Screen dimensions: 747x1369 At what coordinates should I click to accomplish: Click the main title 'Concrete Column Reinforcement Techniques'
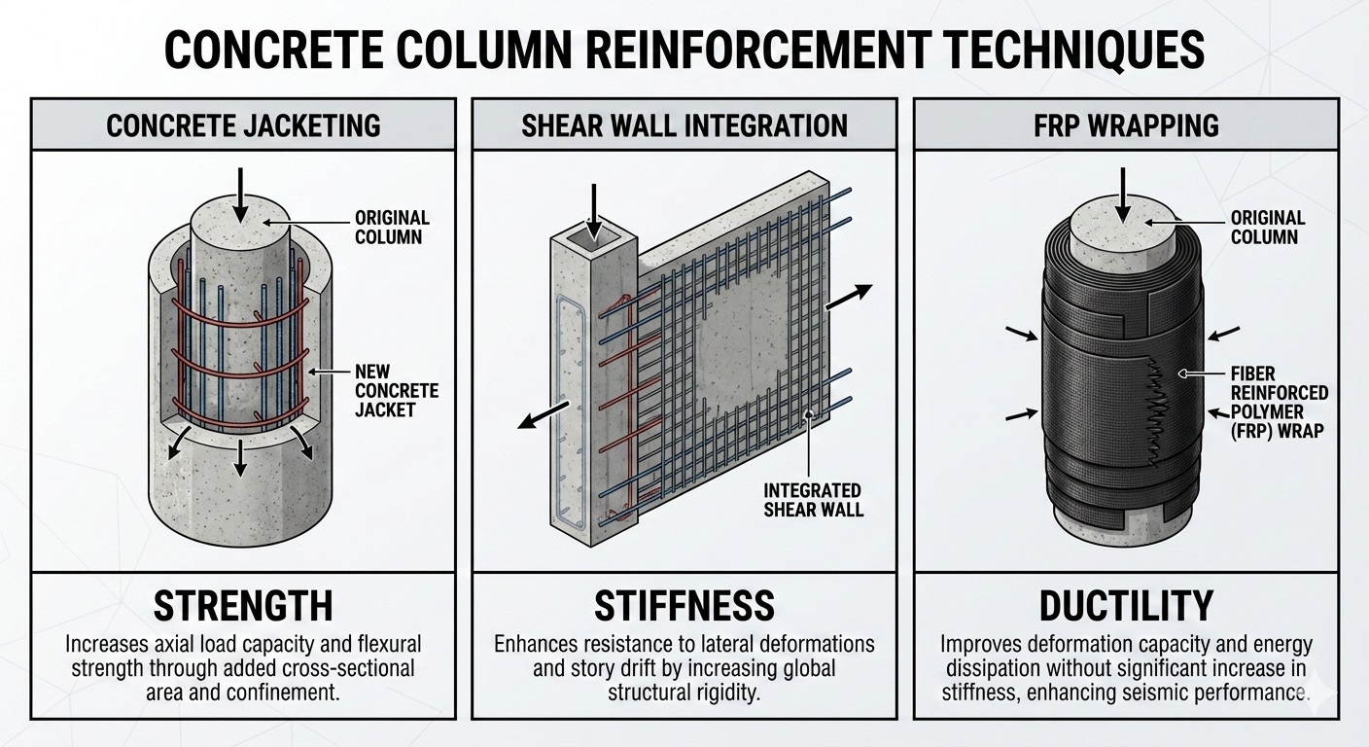click(684, 49)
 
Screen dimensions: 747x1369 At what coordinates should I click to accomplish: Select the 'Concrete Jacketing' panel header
click(243, 125)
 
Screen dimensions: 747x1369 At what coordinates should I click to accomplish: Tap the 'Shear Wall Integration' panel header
click(684, 125)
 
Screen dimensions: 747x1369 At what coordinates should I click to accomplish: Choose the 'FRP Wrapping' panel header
click(1127, 125)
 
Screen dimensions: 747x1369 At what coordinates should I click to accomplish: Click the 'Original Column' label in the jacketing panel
click(392, 228)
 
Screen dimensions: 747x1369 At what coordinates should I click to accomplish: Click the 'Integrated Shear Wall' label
click(814, 499)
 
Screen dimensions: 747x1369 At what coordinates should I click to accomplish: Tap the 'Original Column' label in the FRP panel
click(1264, 228)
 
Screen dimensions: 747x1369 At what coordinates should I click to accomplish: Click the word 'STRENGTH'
click(243, 606)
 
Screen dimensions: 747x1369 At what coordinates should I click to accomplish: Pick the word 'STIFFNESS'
click(684, 606)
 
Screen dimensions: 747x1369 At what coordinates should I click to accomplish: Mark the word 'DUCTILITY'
click(1126, 606)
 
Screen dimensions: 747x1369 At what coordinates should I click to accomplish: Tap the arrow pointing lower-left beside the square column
click(539, 411)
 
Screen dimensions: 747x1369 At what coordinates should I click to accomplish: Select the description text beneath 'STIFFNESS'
click(684, 668)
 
